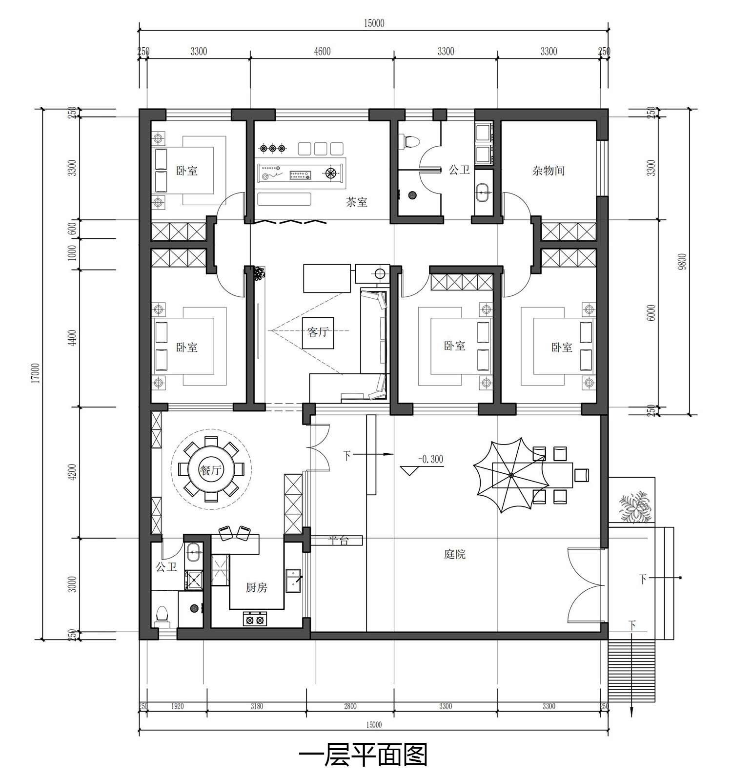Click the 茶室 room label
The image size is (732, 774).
click(357, 202)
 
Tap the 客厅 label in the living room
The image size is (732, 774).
click(318, 332)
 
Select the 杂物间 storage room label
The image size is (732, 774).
click(549, 171)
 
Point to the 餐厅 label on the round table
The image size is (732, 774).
click(211, 470)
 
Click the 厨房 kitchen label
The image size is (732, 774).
click(256, 587)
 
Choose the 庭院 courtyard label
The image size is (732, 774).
click(455, 554)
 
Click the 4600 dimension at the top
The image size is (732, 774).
click(322, 51)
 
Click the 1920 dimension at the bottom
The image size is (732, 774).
click(177, 706)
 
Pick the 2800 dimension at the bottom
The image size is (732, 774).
click(350, 706)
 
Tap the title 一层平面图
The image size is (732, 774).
click(363, 755)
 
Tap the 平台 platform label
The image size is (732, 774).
click(338, 540)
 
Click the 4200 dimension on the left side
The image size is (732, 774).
click(72, 472)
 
